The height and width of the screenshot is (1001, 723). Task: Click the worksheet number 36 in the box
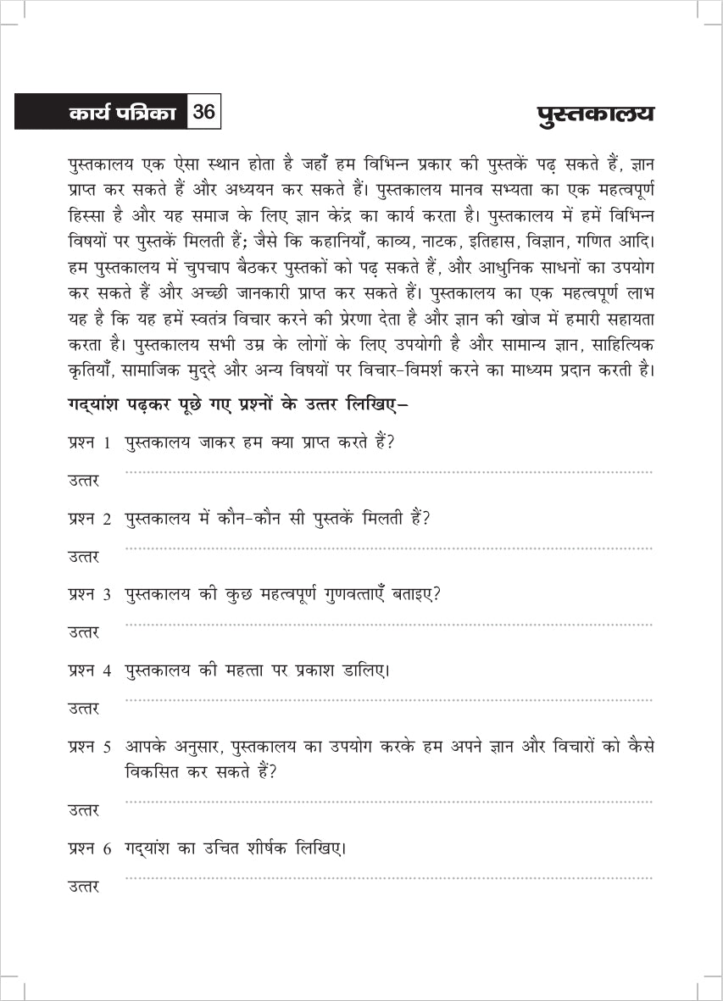(x=204, y=112)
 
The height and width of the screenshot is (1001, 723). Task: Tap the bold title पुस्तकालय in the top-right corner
(x=596, y=114)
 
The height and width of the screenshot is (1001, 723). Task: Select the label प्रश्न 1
(x=90, y=443)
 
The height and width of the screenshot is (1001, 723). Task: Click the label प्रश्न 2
(x=90, y=520)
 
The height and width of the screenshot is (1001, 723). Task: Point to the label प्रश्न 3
(x=90, y=595)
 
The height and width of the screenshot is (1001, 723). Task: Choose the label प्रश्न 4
(x=90, y=671)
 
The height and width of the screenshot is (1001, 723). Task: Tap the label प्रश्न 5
(x=90, y=748)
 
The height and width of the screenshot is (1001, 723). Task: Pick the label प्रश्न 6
(x=90, y=848)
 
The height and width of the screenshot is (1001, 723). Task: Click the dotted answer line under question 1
(x=388, y=472)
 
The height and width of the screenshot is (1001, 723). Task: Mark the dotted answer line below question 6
(x=388, y=878)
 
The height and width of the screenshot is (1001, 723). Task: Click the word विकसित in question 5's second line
(x=153, y=773)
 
